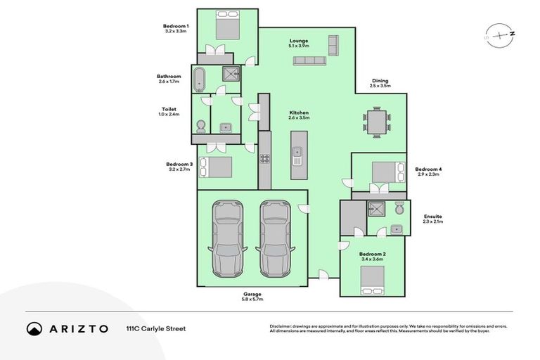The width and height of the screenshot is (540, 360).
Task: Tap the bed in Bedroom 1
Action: point(227,27)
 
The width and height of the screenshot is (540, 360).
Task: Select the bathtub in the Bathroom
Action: point(200,79)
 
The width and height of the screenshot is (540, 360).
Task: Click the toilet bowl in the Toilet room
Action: point(201,126)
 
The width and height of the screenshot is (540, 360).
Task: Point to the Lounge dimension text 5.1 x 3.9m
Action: point(299,46)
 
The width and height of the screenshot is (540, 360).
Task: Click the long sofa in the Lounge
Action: point(309,62)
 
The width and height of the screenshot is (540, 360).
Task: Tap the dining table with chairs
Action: point(377,122)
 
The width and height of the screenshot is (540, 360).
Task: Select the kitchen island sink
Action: point(297,151)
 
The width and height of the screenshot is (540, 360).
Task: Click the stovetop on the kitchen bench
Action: point(265,159)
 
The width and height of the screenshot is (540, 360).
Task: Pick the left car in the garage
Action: point(228,238)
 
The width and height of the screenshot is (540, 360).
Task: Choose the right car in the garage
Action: point(275,238)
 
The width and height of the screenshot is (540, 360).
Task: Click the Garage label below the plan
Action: point(252,294)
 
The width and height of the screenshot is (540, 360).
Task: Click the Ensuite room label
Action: point(433,217)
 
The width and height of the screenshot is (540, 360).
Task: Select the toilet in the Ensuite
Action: point(399,208)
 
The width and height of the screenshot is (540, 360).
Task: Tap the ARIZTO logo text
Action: point(77,328)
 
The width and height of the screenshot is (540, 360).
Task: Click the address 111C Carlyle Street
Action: point(155,328)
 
